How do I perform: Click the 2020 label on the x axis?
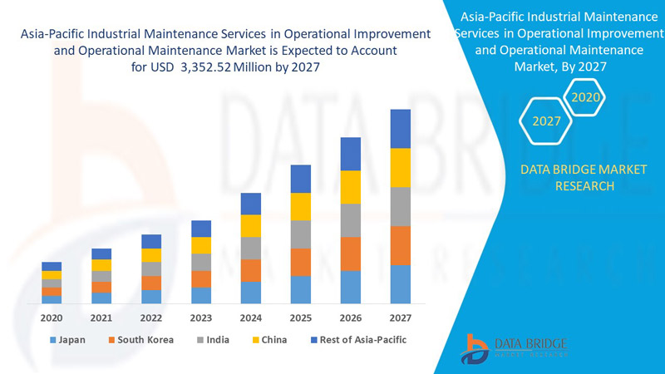pos(52,317)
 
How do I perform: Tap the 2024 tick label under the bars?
pos(251,317)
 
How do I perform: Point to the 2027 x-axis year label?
pos(400,317)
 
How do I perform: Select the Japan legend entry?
pos(68,340)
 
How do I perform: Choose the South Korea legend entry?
pos(140,340)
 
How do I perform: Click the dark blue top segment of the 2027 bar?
pos(401,129)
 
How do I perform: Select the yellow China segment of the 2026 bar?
pos(351,187)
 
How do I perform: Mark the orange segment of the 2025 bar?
pos(301,262)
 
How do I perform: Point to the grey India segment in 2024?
pos(251,248)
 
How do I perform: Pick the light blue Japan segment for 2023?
pos(201,295)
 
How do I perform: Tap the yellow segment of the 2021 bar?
pos(101,265)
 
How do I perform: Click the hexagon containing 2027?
pos(546,121)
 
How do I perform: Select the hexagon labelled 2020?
pos(585,97)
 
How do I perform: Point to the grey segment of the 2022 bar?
pos(151,269)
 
